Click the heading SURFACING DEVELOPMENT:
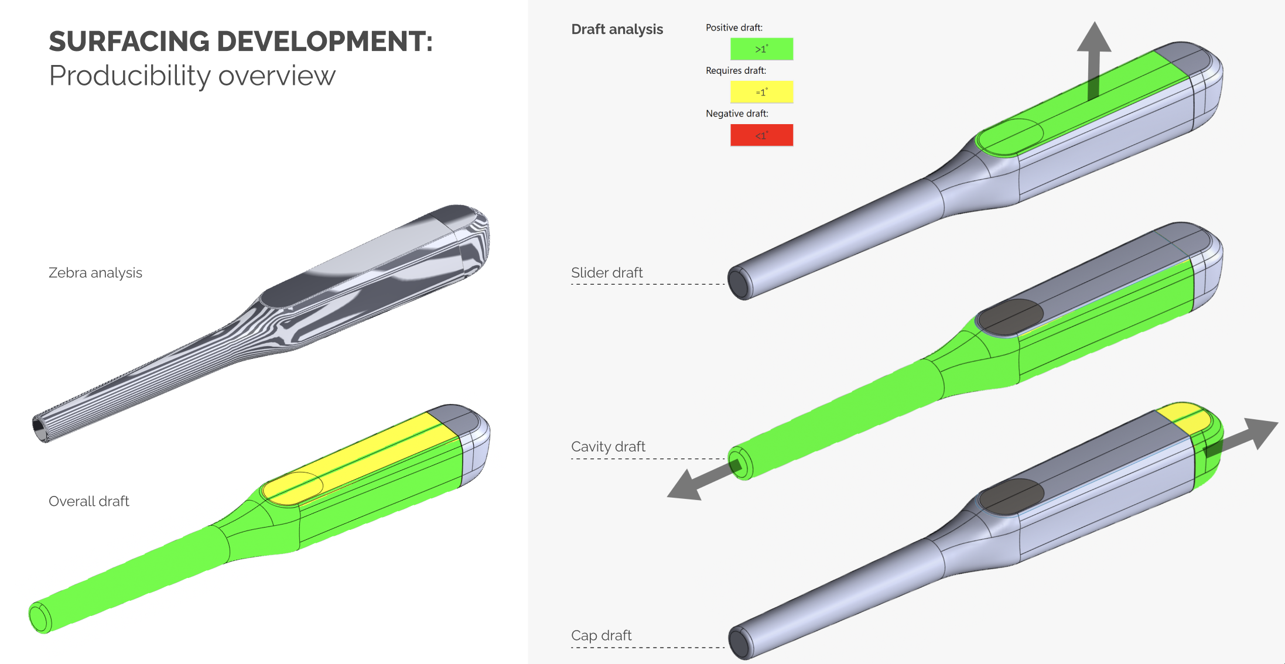point(241,42)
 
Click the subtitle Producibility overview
point(192,76)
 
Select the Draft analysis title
point(617,29)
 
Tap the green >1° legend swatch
point(761,49)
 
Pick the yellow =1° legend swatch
point(761,92)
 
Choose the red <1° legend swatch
point(761,135)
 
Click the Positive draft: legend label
point(734,28)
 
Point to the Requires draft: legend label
point(736,70)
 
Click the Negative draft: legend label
point(737,114)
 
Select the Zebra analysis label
point(95,273)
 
